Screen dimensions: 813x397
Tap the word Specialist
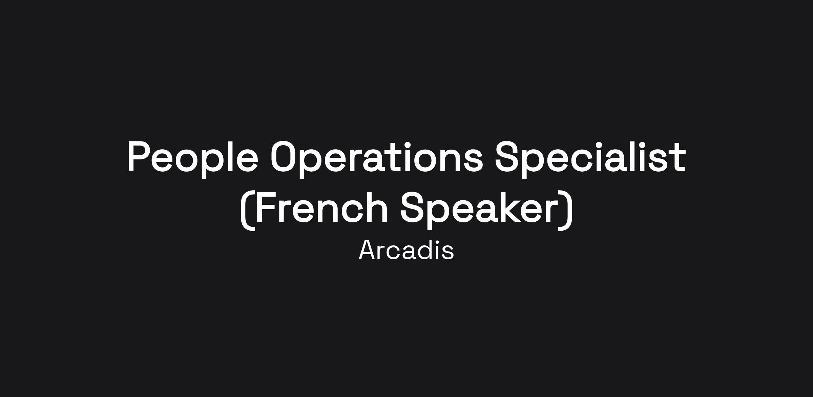point(590,158)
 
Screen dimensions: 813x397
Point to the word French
point(321,207)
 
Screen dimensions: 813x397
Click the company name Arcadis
point(406,250)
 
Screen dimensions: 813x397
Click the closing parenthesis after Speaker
point(566,210)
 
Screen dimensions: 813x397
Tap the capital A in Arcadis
point(369,250)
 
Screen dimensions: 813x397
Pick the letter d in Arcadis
point(427,250)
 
